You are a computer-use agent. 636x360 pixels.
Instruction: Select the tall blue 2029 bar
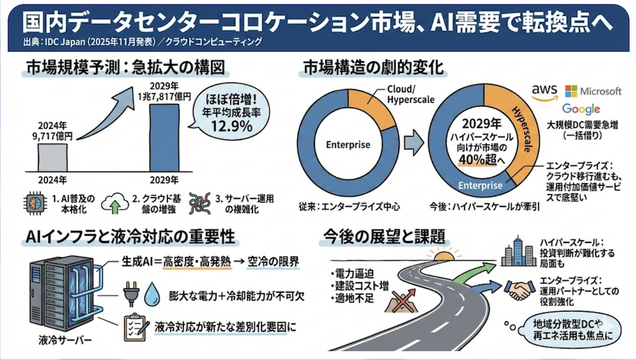(165, 137)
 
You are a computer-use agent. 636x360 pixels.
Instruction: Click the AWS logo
(544, 92)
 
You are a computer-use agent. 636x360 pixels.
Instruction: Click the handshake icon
(521, 290)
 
